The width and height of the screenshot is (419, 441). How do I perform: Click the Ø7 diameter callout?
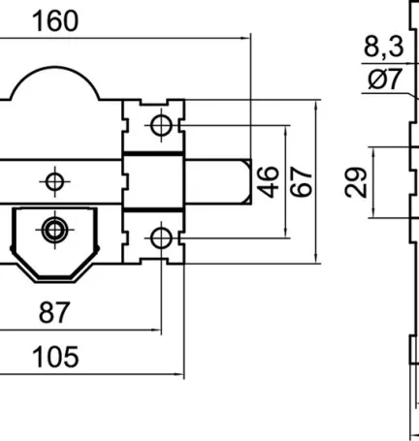click(385, 79)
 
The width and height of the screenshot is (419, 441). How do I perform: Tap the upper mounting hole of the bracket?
click(161, 125)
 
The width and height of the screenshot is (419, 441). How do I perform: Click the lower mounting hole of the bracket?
click(161, 236)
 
